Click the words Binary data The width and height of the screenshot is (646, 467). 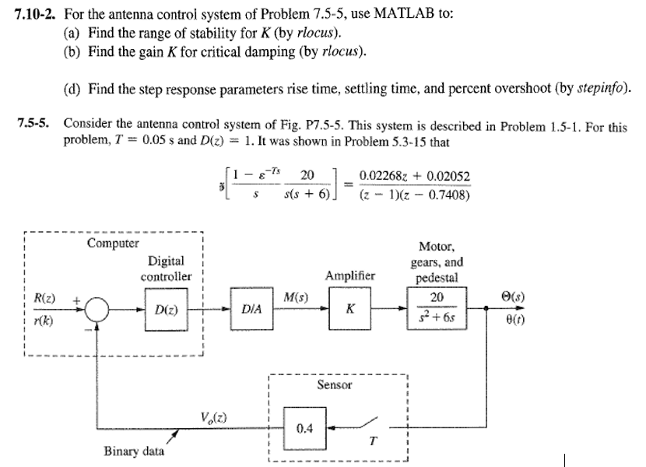pos(134,451)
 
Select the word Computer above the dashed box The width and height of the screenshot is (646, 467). pos(114,243)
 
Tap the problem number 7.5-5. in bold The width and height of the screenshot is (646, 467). pos(35,125)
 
